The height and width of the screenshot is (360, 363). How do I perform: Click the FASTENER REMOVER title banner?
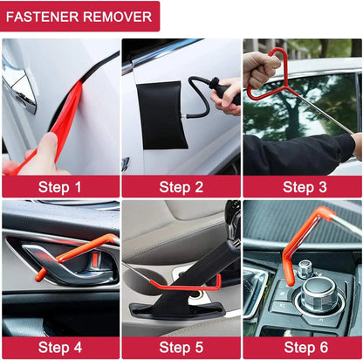[x=79, y=16]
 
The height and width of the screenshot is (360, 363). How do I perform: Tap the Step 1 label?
[x=59, y=186]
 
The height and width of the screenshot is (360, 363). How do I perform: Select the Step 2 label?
[x=181, y=186]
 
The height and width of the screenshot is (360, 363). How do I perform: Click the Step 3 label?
[x=303, y=186]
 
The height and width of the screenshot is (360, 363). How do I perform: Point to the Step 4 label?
[x=59, y=348]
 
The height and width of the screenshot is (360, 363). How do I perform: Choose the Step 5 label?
[x=181, y=348]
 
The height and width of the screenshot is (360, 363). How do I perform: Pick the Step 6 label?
[x=303, y=348]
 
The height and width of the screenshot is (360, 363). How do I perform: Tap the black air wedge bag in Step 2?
[x=161, y=114]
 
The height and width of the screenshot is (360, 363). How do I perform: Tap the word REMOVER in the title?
[x=119, y=16]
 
